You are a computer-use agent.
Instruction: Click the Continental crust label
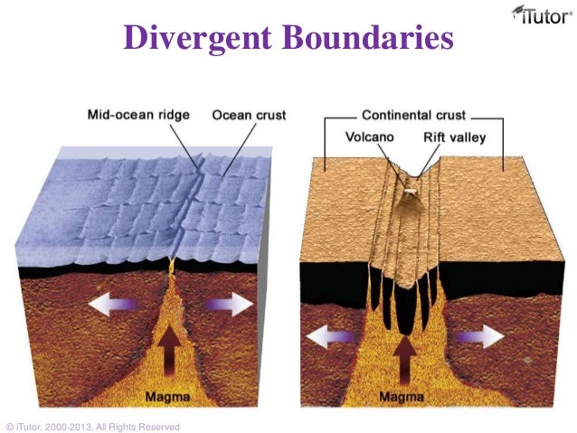click(413, 116)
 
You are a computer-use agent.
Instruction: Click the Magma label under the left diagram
click(172, 396)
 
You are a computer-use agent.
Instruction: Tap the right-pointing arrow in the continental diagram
click(476, 337)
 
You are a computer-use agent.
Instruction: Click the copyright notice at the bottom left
click(92, 427)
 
